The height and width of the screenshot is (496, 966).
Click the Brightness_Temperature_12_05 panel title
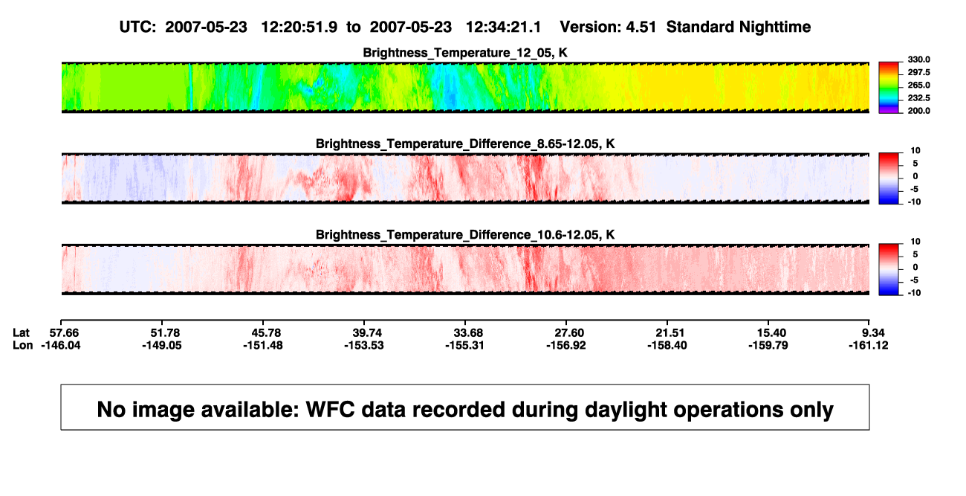point(465,53)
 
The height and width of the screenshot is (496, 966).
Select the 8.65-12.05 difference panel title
point(465,144)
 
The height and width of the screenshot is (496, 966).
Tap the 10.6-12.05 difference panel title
point(465,235)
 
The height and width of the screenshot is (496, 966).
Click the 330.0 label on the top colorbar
point(918,59)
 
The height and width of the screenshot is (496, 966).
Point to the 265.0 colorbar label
point(918,85)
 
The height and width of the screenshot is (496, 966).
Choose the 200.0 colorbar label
point(918,111)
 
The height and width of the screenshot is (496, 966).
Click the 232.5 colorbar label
point(918,98)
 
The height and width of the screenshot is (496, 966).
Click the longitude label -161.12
point(869,345)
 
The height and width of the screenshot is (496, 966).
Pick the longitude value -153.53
point(363,345)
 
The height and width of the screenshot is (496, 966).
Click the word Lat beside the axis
point(21,333)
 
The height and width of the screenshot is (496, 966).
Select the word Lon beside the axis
point(22,345)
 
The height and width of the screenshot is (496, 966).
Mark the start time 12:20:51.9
point(299,28)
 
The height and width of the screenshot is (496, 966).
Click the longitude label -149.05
point(162,345)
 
